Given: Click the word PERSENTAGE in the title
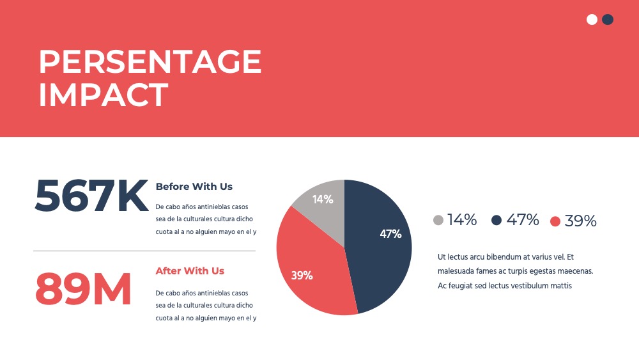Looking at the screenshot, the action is [x=150, y=61].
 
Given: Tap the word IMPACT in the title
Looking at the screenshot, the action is [x=103, y=95].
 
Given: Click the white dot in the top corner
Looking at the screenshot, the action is [x=592, y=20].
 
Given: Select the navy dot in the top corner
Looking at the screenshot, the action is [x=608, y=20].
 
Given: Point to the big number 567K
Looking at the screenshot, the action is [x=91, y=196].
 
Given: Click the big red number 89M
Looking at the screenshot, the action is [x=83, y=289].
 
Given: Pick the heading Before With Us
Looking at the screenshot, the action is [x=194, y=186].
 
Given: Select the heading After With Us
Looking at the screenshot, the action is [x=190, y=270].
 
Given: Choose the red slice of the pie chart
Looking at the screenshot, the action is [x=314, y=269].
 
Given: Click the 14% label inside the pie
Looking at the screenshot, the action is [x=323, y=200].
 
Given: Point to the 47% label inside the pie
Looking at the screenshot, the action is [x=390, y=234].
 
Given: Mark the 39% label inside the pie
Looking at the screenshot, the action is [x=302, y=276].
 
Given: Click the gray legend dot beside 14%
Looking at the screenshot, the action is [x=438, y=220].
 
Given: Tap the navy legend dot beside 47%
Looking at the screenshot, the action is [x=497, y=220].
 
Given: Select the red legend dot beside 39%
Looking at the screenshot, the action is [x=555, y=221].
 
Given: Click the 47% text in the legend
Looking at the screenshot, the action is [x=523, y=220].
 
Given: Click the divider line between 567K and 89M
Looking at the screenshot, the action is [x=144, y=251].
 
